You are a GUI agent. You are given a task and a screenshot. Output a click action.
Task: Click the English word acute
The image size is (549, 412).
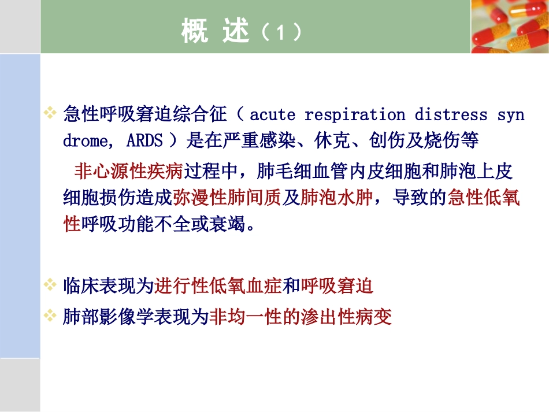(272, 114)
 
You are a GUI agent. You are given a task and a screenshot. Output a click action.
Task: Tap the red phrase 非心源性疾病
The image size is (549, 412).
(128, 171)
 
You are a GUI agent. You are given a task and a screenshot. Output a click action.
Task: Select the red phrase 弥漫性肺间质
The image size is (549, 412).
(227, 198)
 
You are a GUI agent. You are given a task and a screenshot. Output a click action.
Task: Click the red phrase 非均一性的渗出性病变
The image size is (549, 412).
(300, 317)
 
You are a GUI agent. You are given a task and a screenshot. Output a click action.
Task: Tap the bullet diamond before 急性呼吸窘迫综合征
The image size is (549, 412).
(50, 113)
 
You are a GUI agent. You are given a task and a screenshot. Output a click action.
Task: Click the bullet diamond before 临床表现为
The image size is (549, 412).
(50, 285)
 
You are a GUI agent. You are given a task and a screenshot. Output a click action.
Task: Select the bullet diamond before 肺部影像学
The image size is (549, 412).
(50, 316)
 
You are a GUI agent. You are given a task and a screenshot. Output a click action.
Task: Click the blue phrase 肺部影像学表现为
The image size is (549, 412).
(135, 317)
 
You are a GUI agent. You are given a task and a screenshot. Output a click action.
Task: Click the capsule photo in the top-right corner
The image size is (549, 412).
(510, 26)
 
